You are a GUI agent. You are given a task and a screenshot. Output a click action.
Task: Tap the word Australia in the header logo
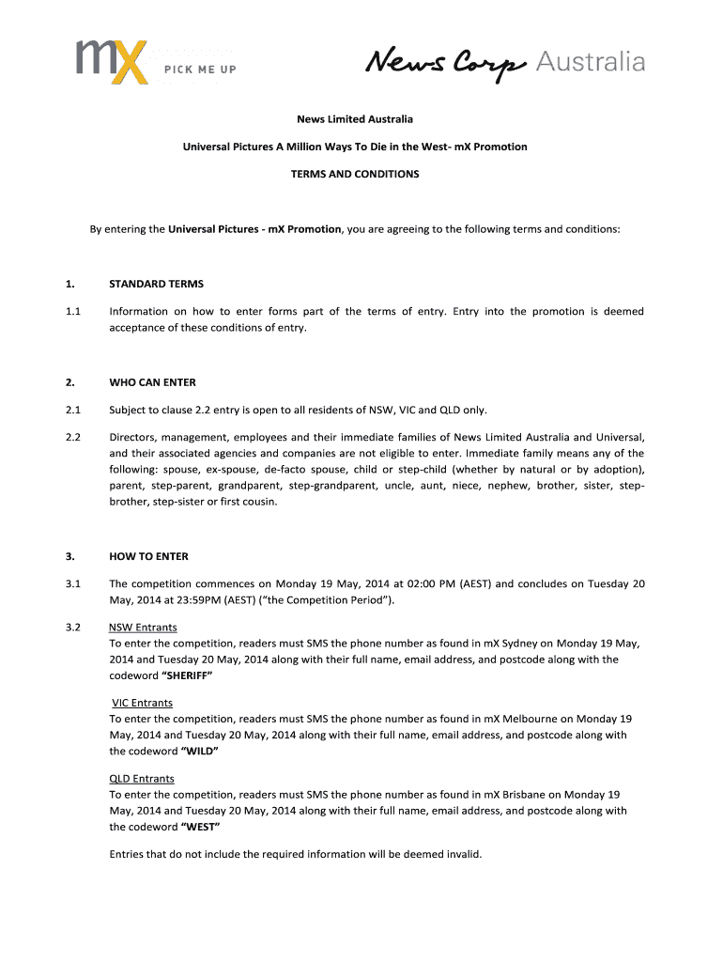coord(591,62)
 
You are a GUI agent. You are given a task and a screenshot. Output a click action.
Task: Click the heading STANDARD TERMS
coord(156,284)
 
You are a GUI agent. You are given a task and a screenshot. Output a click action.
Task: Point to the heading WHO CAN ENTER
coord(152,382)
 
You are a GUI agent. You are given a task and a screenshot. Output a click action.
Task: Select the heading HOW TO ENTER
coord(148,556)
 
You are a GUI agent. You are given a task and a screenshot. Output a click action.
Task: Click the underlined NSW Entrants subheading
coord(143,627)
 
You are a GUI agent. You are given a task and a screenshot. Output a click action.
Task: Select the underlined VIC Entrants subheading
coord(142,703)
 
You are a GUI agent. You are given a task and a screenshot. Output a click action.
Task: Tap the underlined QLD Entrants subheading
coord(142,779)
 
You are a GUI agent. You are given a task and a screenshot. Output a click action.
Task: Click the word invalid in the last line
coord(460,854)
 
